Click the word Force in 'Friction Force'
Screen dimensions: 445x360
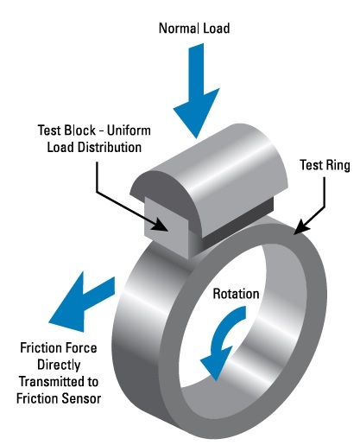coord(92,350)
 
